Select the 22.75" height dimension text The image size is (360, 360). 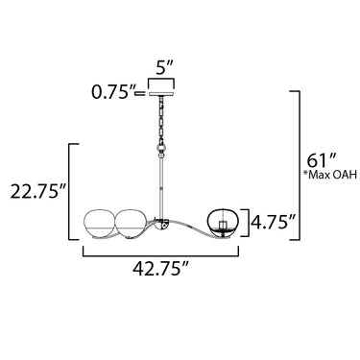click(38, 191)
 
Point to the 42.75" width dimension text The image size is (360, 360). click(160, 269)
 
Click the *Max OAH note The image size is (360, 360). click(329, 175)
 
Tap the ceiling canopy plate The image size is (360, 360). click(161, 93)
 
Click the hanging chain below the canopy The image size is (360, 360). click(161, 120)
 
